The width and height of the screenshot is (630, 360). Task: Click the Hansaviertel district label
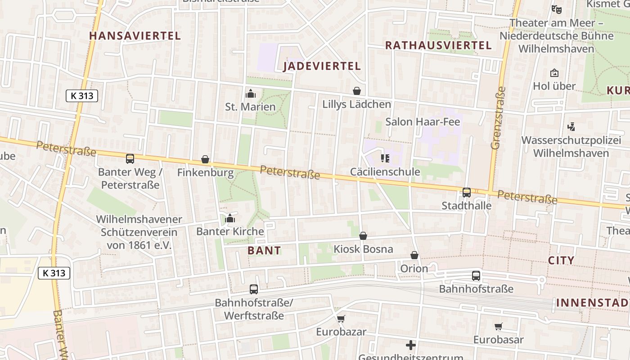(135, 36)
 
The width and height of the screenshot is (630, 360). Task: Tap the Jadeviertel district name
(322, 67)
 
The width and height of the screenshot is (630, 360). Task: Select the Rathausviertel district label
(438, 45)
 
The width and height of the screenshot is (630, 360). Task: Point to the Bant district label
(264, 251)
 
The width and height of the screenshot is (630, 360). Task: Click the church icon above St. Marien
(251, 94)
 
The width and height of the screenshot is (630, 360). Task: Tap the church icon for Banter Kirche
(230, 219)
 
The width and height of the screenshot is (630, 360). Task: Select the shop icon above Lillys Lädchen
(357, 91)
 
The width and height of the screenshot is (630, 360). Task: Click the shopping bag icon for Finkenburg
(205, 159)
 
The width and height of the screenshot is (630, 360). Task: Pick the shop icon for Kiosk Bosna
(363, 236)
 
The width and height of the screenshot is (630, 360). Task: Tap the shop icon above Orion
(414, 256)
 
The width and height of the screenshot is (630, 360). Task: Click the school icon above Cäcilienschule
(385, 158)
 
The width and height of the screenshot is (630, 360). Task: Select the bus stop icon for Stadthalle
(466, 193)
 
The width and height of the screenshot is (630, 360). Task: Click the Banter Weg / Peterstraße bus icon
(130, 158)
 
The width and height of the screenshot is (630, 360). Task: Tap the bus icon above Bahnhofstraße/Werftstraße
(254, 289)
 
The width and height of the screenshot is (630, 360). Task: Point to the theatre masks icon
(557, 9)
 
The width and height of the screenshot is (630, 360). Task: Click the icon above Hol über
(554, 73)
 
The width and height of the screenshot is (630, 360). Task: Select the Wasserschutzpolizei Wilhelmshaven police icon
(571, 127)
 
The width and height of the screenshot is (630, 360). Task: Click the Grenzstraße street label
(499, 118)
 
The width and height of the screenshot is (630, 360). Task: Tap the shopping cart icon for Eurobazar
(341, 319)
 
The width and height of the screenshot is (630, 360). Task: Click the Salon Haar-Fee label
(423, 122)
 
